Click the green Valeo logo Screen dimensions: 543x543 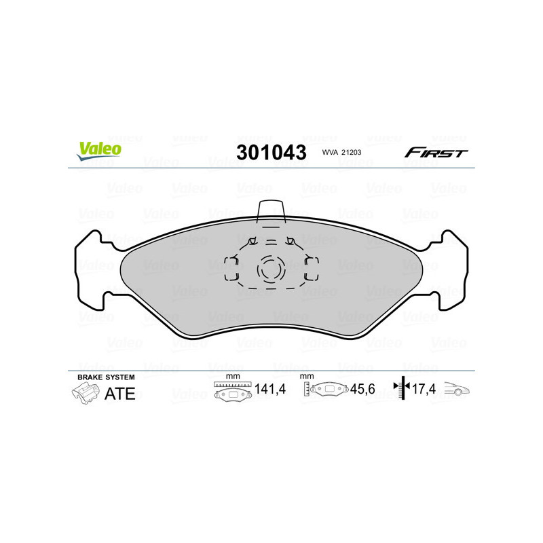(99, 151)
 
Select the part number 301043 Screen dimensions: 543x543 (271, 152)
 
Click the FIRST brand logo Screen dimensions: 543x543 (436, 153)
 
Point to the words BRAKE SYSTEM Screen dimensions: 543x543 (106, 377)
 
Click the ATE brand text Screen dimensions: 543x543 (120, 394)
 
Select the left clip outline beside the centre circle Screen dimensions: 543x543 (230, 269)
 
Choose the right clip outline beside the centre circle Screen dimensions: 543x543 (312, 269)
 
